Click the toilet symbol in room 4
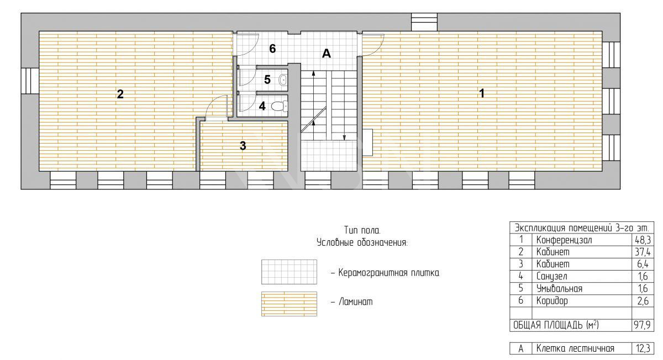click(279, 106)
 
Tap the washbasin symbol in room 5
click(283, 80)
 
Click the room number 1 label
click(482, 93)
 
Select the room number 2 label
click(120, 94)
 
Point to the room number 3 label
click(243, 146)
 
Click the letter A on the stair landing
click(326, 53)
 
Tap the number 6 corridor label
click(272, 49)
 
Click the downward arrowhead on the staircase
click(344, 137)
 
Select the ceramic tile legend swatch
click(289, 272)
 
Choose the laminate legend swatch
click(289, 304)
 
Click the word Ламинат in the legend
click(355, 301)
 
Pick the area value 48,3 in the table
click(643, 240)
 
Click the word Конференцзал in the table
click(564, 240)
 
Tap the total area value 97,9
click(642, 325)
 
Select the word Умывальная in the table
click(559, 288)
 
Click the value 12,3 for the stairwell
click(643, 348)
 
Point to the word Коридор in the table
click(552, 301)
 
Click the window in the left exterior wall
click(30, 81)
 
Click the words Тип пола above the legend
click(362, 230)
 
